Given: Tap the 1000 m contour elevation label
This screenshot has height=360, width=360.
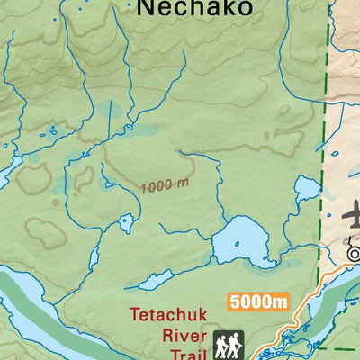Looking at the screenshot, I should click(x=165, y=185).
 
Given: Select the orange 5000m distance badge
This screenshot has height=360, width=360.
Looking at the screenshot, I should click(x=257, y=301).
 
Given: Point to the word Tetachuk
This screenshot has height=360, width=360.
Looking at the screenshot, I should click(x=169, y=315).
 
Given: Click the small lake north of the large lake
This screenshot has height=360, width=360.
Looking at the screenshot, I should click(x=307, y=189).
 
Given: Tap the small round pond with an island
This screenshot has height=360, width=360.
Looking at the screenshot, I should click(x=126, y=221).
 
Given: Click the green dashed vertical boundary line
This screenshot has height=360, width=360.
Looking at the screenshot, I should click(x=321, y=135).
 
